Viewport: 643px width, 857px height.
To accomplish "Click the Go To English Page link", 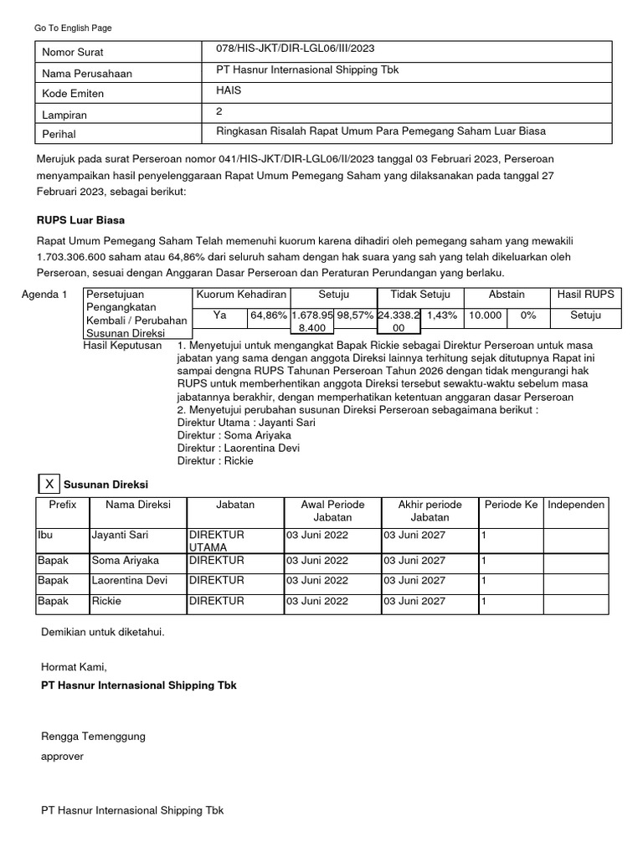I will click(73, 28).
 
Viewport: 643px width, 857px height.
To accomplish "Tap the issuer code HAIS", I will click(229, 90).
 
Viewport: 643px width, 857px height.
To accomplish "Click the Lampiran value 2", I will click(219, 110).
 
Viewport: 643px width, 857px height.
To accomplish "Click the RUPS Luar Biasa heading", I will click(81, 221).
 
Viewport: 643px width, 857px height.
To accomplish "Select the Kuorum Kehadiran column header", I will click(241, 295).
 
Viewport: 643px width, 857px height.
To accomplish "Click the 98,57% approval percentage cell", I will click(354, 316).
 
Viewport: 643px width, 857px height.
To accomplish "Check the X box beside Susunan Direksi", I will click(49, 484).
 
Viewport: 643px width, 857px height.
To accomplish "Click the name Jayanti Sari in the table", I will click(120, 534).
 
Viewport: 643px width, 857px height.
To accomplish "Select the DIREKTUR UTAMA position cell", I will click(216, 540).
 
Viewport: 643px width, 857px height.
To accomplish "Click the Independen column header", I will click(576, 505).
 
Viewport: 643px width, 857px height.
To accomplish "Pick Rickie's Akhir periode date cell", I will click(414, 601).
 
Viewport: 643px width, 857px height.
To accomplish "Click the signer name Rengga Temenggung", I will click(93, 736).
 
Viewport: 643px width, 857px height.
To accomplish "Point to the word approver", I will click(62, 756).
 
